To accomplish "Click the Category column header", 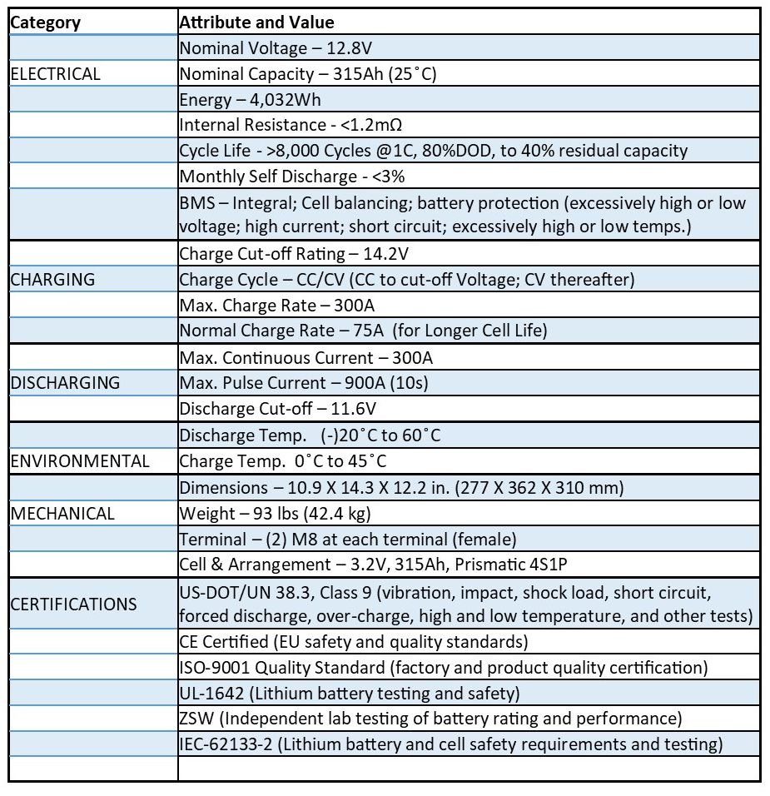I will (x=46, y=22).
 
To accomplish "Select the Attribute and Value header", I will (x=257, y=22).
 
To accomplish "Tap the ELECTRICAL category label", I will (x=55, y=74).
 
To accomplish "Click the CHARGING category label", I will (x=52, y=280).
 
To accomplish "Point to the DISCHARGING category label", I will (x=65, y=383).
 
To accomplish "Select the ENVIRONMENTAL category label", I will (x=80, y=461).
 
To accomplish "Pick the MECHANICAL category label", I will (x=62, y=513).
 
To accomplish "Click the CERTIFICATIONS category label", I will (x=73, y=604).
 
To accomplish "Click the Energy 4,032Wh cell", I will (x=251, y=100).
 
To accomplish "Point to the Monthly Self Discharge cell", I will (x=292, y=177).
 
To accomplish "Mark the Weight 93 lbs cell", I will (x=276, y=513).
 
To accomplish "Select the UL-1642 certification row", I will (x=350, y=693).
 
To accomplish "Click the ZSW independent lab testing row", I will (x=430, y=719).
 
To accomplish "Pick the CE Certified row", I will (x=354, y=642).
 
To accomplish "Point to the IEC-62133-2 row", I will (x=450, y=744).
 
